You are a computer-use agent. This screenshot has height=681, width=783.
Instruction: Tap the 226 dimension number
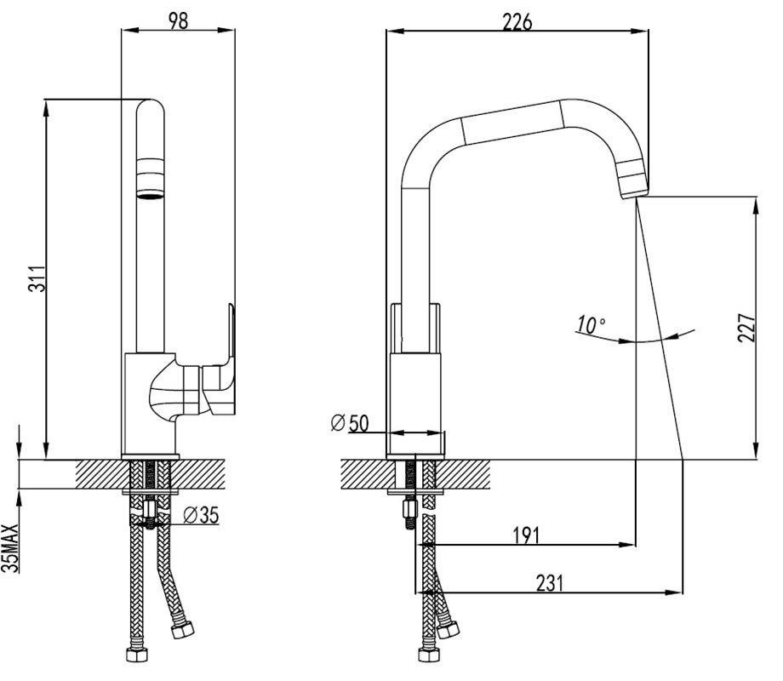click(x=517, y=21)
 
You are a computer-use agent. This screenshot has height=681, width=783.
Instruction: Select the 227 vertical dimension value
click(x=746, y=327)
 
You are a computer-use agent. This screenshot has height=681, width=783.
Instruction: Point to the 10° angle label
click(x=592, y=325)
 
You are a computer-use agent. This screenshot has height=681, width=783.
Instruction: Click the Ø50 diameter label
click(x=350, y=423)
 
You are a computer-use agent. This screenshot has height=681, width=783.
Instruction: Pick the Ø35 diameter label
click(x=201, y=515)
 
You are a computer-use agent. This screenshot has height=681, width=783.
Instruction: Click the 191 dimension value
click(x=526, y=535)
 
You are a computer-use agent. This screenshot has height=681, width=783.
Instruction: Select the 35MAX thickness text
click(x=11, y=547)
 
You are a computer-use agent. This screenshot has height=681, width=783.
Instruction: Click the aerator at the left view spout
click(x=151, y=178)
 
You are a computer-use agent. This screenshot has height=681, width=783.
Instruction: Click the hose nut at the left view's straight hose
click(x=136, y=654)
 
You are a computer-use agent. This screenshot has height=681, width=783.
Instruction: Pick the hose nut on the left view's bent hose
click(x=182, y=628)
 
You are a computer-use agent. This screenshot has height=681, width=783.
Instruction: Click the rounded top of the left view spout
click(x=151, y=106)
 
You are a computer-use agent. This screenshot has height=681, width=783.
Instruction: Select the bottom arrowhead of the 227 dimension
click(x=757, y=450)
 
